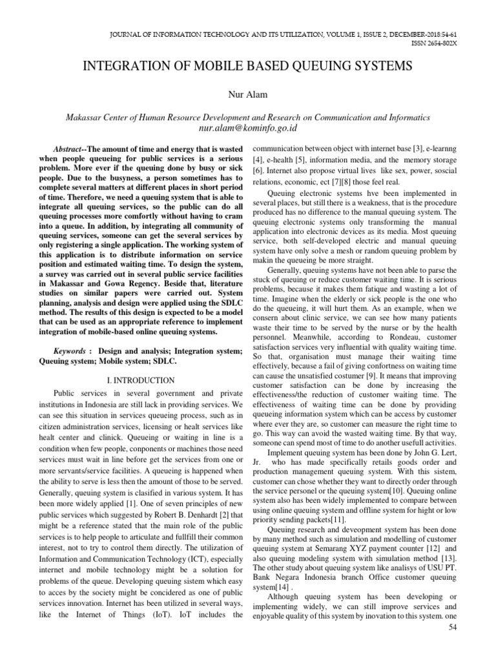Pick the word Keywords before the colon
[x=69, y=350]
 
